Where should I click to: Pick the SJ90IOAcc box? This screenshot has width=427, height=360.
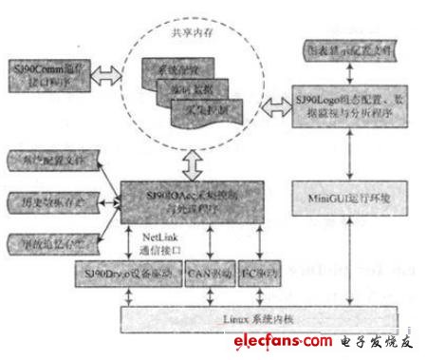pos(191,201)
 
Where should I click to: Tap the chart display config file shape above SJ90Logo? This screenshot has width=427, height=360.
pos(351,48)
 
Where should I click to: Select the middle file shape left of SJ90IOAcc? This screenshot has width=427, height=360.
pos(50,202)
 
